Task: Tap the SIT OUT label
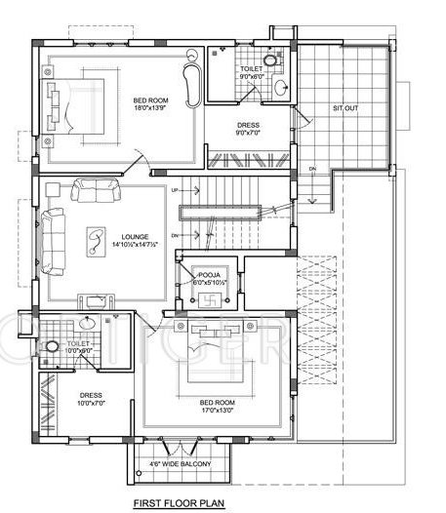[345, 106]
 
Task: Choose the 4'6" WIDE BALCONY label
[183, 463]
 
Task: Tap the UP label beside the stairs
[175, 190]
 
